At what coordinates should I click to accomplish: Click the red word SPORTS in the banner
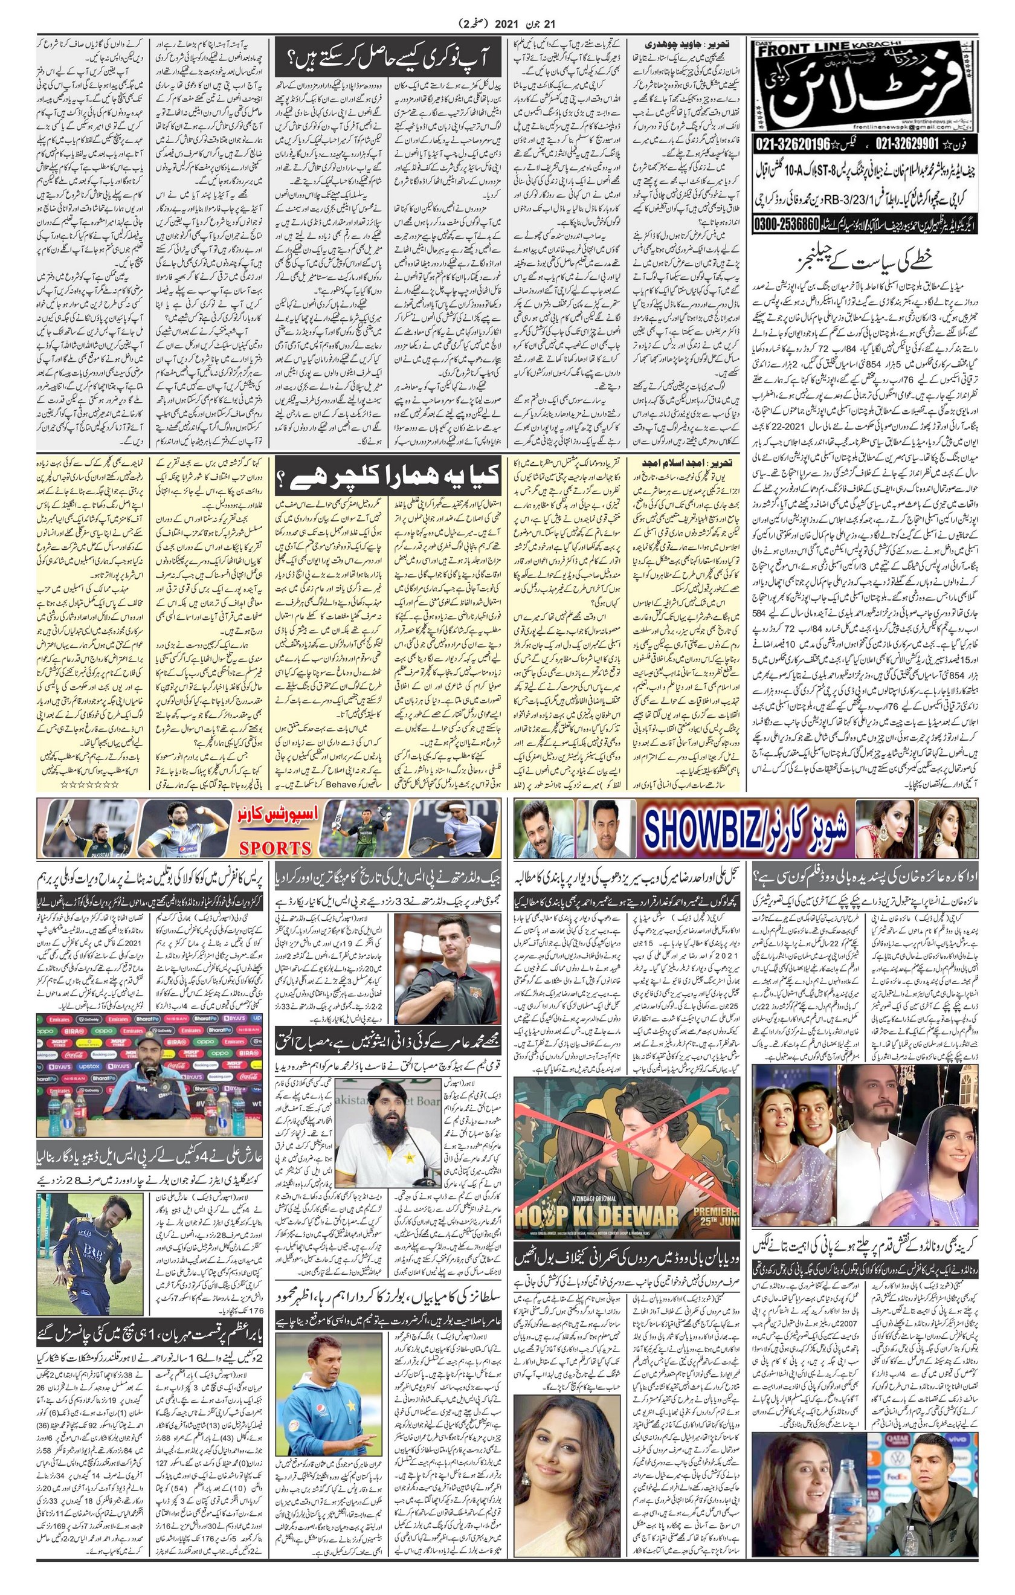point(276,847)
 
